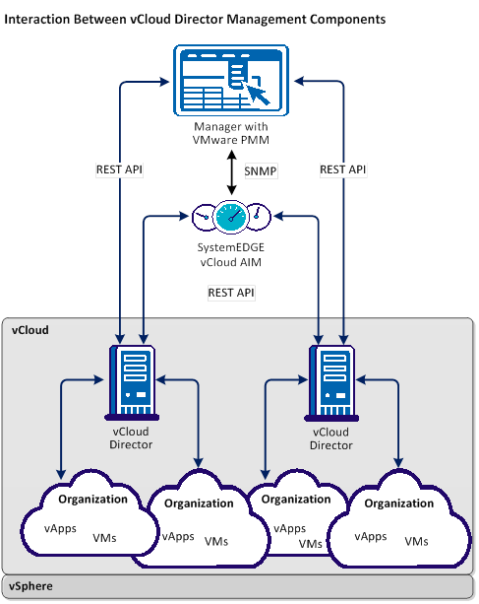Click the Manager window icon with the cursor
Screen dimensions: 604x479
[x=232, y=83]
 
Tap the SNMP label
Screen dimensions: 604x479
[x=261, y=170]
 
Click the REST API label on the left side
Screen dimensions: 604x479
[x=119, y=170]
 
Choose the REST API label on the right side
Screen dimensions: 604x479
[x=343, y=170]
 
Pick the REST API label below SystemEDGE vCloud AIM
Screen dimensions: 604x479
[x=231, y=293]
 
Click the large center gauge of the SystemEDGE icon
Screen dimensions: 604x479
[x=232, y=214]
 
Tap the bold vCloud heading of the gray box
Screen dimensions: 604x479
[x=30, y=331]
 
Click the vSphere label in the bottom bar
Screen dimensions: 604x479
[x=32, y=586]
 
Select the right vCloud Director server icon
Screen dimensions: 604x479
[x=330, y=380]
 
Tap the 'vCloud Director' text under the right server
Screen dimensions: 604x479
[x=330, y=437]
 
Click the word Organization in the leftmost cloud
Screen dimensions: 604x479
[x=92, y=499]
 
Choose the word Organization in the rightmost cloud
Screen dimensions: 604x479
[x=399, y=503]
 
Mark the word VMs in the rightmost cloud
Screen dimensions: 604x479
[x=416, y=541]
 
